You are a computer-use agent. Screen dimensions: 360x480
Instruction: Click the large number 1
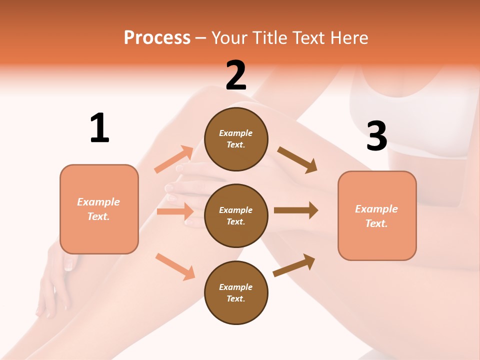tap(99, 128)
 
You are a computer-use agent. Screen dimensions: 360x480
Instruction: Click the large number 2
tap(236, 75)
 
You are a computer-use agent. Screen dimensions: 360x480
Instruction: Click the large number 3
tap(376, 136)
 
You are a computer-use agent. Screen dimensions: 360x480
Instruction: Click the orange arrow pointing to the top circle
tap(174, 159)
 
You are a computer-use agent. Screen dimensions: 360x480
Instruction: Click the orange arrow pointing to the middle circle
tap(175, 211)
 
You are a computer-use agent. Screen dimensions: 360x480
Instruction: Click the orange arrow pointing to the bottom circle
tap(175, 266)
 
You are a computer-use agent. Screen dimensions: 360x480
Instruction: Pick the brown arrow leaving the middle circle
tap(296, 210)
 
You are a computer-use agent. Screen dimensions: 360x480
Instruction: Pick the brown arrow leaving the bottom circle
tap(294, 265)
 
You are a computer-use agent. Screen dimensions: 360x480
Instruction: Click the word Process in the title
tap(157, 37)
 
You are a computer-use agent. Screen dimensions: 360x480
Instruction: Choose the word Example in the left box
tap(98, 202)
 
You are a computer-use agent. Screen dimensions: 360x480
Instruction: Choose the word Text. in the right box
tap(376, 223)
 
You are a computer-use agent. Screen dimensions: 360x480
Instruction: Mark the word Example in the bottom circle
tap(236, 287)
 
